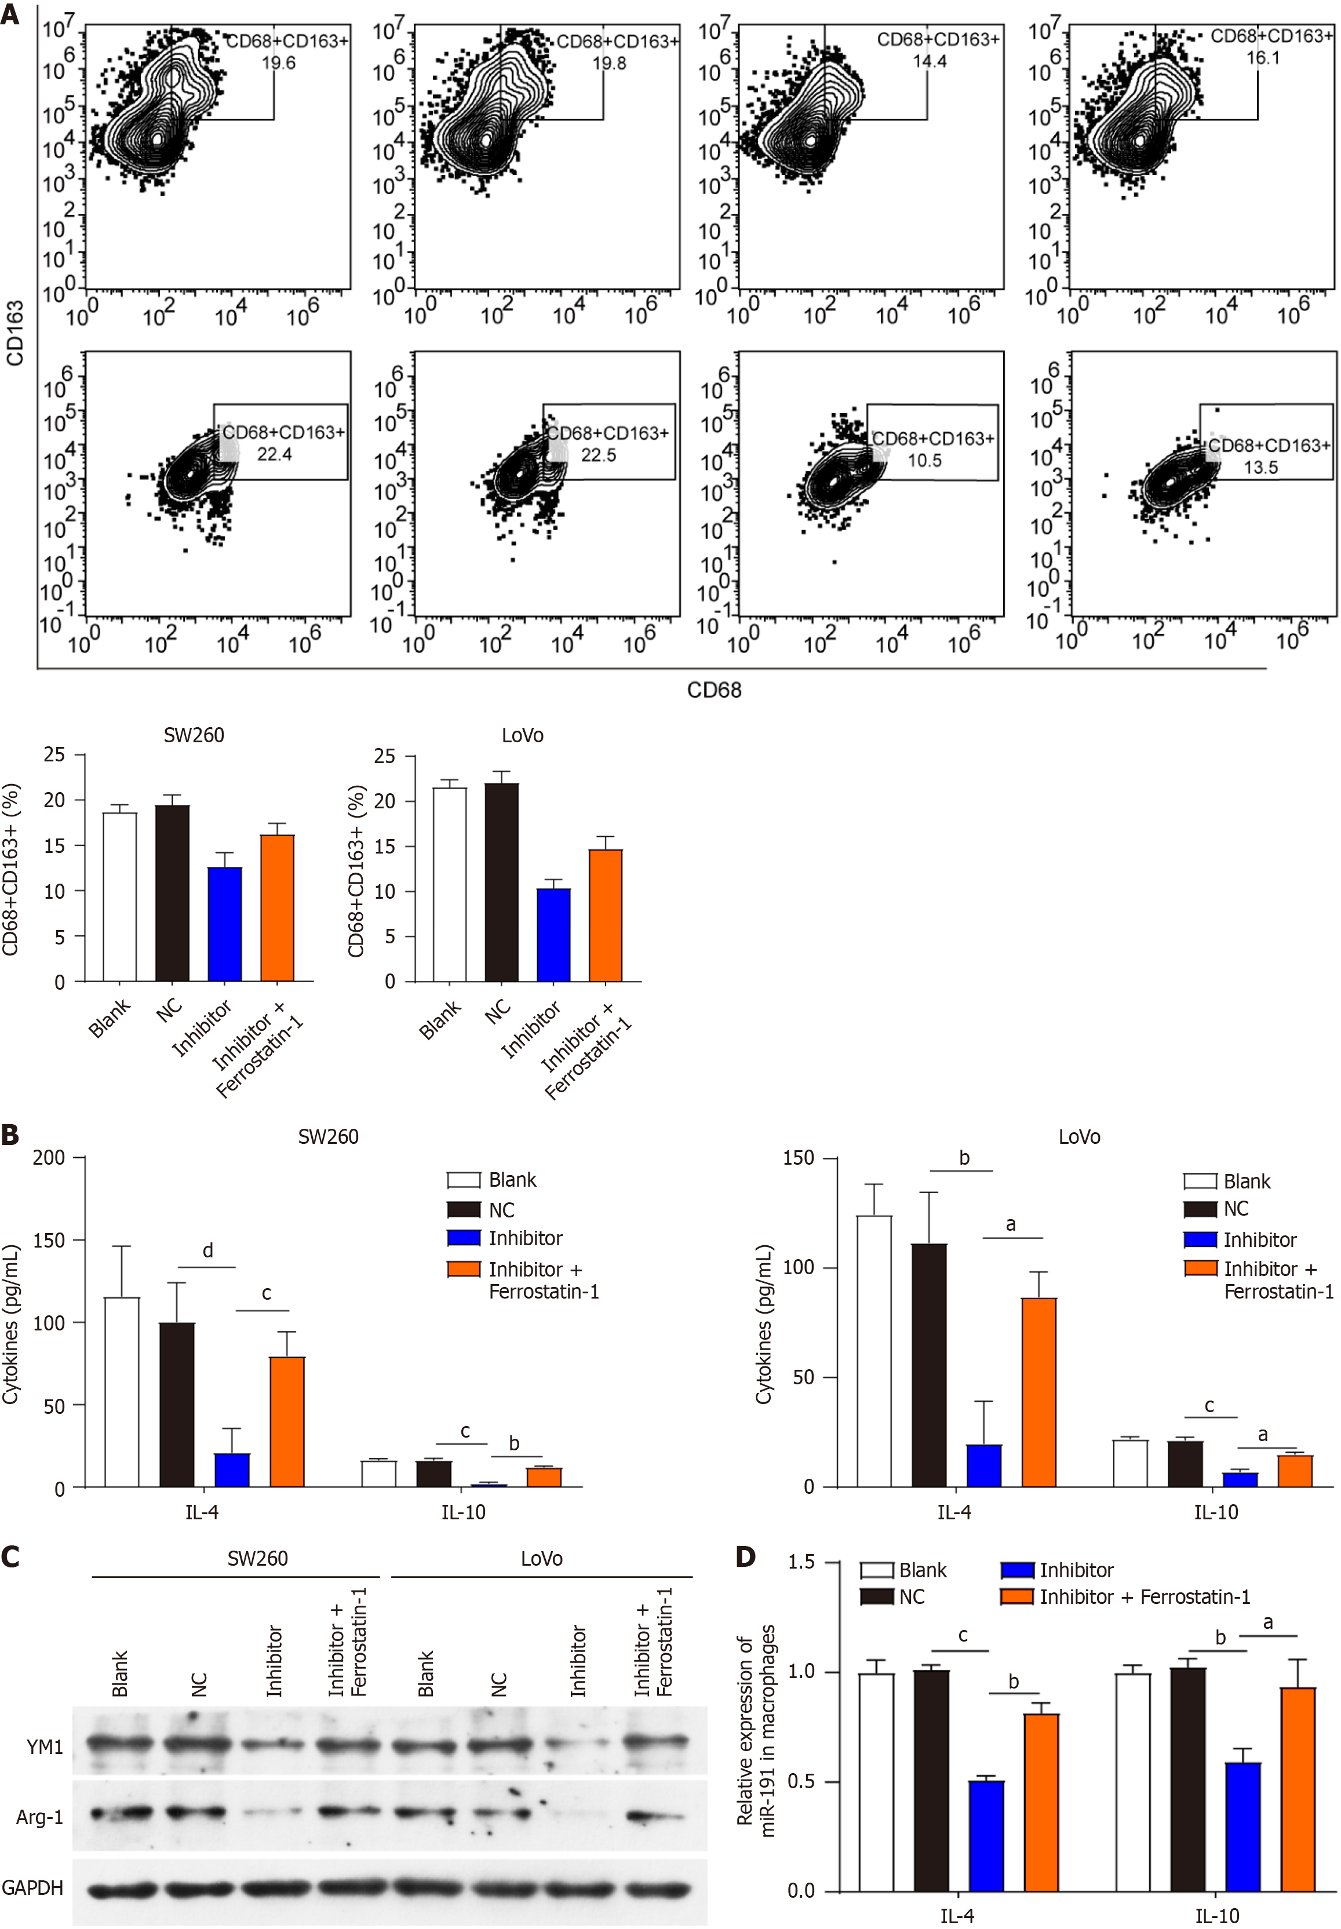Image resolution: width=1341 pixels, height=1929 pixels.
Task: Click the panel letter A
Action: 10,14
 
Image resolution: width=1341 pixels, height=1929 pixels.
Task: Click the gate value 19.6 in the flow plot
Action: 278,63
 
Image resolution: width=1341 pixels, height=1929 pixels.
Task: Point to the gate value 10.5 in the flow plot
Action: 924,461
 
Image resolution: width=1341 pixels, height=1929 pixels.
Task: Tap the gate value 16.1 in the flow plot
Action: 1262,58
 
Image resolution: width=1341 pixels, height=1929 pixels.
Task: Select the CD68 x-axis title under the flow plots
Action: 713,690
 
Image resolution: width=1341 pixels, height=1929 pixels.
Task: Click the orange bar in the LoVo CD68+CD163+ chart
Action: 605,915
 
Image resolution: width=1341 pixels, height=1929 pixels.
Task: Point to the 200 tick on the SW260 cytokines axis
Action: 48,1158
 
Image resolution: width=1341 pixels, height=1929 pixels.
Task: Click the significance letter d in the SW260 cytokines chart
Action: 207,1250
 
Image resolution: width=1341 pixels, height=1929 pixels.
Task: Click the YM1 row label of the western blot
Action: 45,1748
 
